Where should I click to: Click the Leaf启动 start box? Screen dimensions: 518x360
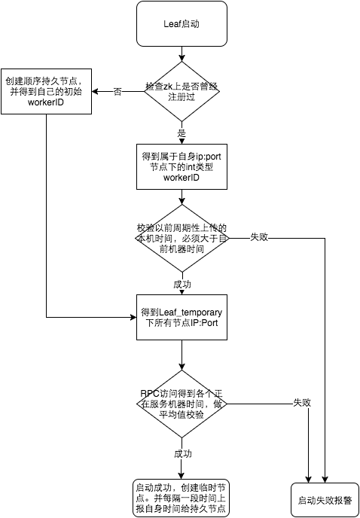182,23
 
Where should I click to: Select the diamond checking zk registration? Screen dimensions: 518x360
182,91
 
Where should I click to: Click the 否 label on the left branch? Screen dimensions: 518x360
117,91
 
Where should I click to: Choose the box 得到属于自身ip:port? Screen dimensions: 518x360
182,166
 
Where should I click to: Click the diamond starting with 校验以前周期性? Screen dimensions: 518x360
182,238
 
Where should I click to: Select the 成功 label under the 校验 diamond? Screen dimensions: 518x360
182,285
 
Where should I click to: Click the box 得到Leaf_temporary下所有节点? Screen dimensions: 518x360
182,318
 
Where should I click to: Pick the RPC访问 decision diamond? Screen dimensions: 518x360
182,404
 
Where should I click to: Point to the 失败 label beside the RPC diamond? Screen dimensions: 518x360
302,403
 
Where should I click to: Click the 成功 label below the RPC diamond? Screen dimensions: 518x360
183,454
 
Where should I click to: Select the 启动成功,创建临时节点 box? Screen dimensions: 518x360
182,498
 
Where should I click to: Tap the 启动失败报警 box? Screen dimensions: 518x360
325,500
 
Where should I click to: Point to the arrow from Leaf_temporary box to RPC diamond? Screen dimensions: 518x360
182,354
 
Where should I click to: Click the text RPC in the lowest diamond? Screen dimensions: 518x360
149,393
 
